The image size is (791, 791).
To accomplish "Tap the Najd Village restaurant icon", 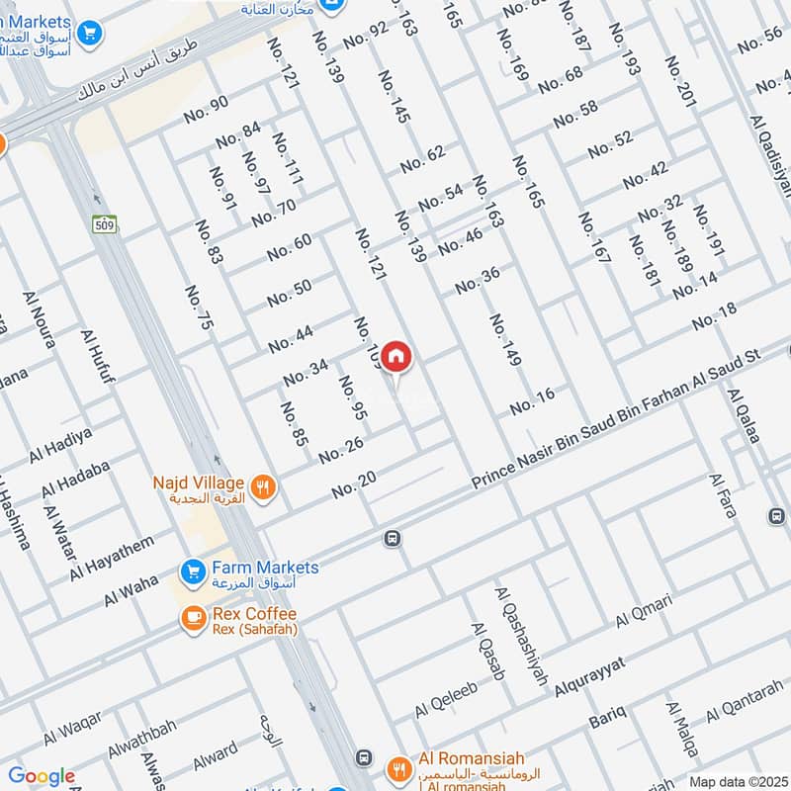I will pos(263,485).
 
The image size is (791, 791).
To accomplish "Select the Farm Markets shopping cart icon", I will pos(192,571).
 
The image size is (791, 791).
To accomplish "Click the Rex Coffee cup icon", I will pos(192,618).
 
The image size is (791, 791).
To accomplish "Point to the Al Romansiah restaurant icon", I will pos(399,767).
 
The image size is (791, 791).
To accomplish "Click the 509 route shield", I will pos(102,224).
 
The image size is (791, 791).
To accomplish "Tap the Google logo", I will pos(42,776).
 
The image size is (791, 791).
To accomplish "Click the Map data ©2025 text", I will pos(737,781).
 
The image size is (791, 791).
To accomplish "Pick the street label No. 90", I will pos(206,109).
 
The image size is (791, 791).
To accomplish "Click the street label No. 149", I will pos(504,341).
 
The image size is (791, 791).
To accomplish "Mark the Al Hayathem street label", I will pos(113,559).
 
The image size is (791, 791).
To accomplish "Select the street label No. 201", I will pos(681,81).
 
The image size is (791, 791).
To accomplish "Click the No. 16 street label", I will pos(532,401).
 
